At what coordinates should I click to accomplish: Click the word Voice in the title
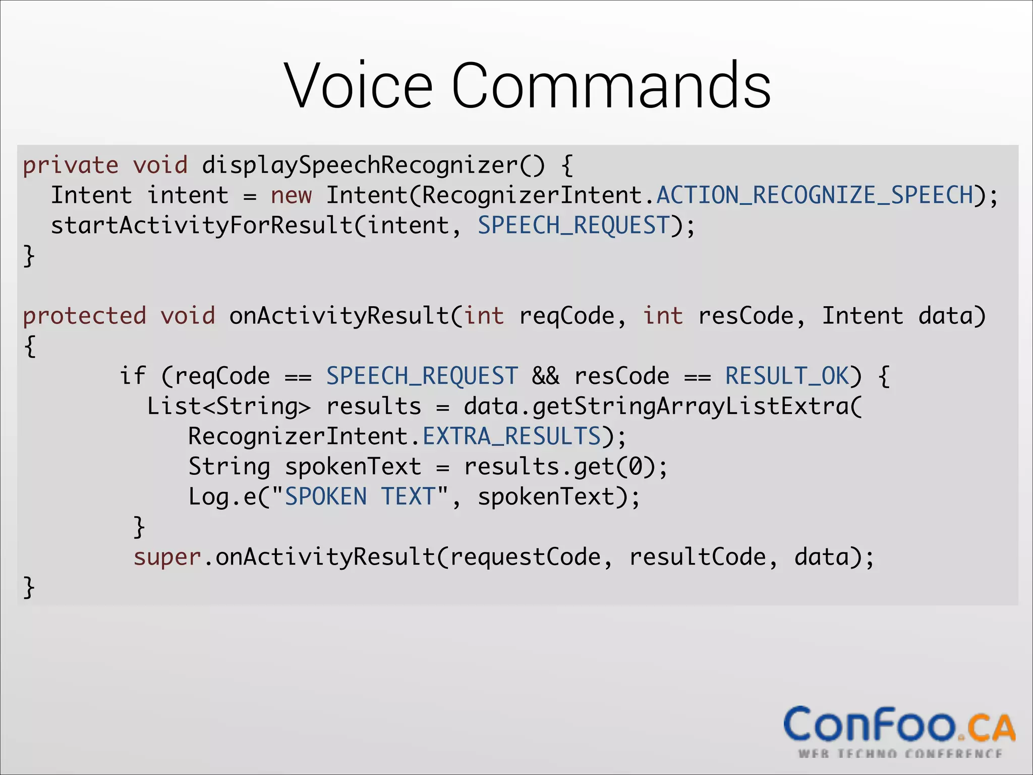coord(359,86)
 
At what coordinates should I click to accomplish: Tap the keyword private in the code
coord(71,165)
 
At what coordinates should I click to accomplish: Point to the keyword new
coord(291,196)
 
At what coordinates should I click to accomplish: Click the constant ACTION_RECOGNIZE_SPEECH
coord(815,196)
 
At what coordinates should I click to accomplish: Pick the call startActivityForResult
coord(201,226)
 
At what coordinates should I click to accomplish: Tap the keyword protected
coord(85,316)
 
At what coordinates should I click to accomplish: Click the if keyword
coord(133,376)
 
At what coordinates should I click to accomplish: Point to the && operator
coord(546,376)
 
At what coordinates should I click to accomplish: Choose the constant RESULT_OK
coord(787,376)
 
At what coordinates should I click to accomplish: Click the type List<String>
coord(228,407)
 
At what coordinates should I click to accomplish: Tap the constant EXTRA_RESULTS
coord(511,436)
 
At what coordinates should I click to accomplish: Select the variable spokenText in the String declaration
coord(353,467)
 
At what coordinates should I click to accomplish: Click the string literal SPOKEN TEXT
coord(360,497)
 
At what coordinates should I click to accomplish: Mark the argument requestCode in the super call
coord(525,558)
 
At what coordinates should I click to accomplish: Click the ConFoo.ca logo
coord(899,731)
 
